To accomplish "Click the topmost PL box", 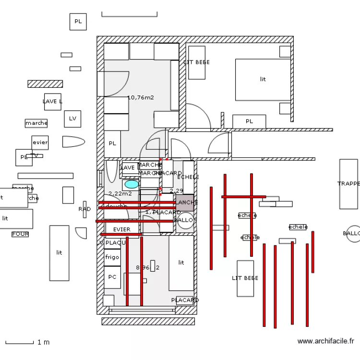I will (x=78, y=22).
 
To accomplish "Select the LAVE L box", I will (x=52, y=102).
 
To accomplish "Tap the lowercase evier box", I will (x=40, y=143).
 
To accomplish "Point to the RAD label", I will (x=84, y=209).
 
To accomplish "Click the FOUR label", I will (x=20, y=234).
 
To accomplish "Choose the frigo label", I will (x=112, y=257).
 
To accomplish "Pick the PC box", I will (x=112, y=277).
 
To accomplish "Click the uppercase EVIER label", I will (x=122, y=229).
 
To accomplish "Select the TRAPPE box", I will (x=348, y=184).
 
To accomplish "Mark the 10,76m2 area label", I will (x=141, y=97).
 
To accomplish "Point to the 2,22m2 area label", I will (x=120, y=194).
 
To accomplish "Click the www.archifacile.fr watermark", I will (x=325, y=341).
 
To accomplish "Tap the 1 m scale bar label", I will (x=43, y=343).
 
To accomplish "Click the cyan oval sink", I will (x=131, y=184).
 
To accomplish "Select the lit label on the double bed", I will (x=263, y=79).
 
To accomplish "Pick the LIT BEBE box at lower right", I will (x=245, y=278).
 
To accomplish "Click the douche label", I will (x=117, y=206).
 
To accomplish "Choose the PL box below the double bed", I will (x=249, y=121).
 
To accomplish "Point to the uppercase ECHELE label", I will (x=188, y=177).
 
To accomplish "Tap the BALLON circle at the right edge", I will (x=354, y=234).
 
